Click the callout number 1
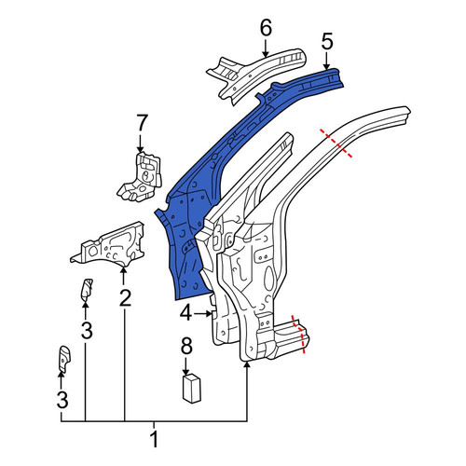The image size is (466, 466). click(x=154, y=439)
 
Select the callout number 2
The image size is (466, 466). click(x=125, y=297)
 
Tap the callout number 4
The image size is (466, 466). click(x=186, y=313)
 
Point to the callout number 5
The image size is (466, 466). click(x=327, y=42)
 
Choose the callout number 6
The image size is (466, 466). click(x=266, y=27)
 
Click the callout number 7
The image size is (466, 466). click(x=142, y=123)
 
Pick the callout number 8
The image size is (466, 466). click(x=186, y=346)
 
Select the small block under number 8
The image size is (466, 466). click(x=191, y=389)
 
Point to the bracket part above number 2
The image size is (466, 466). click(x=109, y=245)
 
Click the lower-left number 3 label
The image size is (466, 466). click(x=62, y=400)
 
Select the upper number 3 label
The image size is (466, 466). click(x=87, y=330)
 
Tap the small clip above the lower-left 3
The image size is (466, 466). click(x=64, y=358)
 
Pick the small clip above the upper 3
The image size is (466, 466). click(x=87, y=290)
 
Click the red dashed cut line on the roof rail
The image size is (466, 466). click(x=336, y=144)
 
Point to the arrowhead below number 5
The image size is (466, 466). click(x=326, y=66)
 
